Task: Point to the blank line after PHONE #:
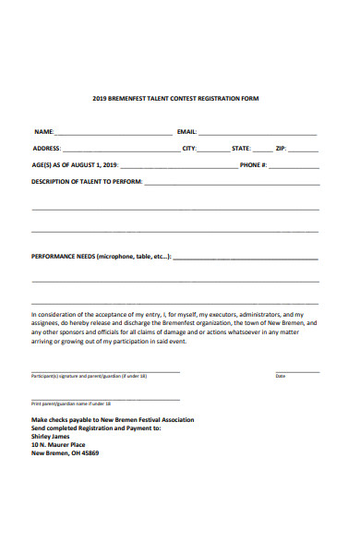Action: (x=294, y=167)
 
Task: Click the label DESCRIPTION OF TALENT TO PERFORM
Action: (x=87, y=182)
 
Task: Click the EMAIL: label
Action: (x=186, y=132)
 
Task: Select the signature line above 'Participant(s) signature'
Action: (x=105, y=371)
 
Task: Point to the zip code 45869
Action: (x=89, y=453)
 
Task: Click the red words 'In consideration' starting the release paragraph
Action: (x=54, y=314)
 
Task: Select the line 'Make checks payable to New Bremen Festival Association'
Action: (x=113, y=420)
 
